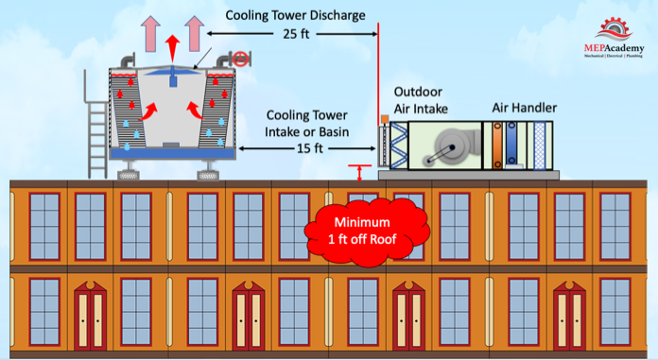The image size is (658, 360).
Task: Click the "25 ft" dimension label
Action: [296, 34]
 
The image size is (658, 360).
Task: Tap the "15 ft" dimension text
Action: [310, 148]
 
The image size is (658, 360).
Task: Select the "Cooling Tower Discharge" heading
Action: [295, 15]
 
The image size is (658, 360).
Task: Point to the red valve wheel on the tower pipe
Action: [240, 60]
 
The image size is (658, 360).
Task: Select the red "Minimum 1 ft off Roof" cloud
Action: [367, 231]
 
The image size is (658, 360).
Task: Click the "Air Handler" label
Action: [524, 108]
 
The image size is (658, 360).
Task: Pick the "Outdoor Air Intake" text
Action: [421, 100]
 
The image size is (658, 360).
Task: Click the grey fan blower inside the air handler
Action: [452, 146]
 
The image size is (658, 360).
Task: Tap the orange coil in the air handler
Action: [497, 146]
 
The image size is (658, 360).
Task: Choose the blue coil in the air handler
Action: [511, 144]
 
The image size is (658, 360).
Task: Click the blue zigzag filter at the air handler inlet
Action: [398, 146]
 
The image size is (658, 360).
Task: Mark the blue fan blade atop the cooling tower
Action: [172, 72]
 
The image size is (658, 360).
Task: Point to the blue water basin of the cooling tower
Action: [172, 153]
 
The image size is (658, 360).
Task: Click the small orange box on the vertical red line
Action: [384, 120]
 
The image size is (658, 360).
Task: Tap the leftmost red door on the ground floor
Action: [90, 315]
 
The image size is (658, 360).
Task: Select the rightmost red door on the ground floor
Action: [569, 315]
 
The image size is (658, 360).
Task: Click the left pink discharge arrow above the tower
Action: [150, 34]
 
